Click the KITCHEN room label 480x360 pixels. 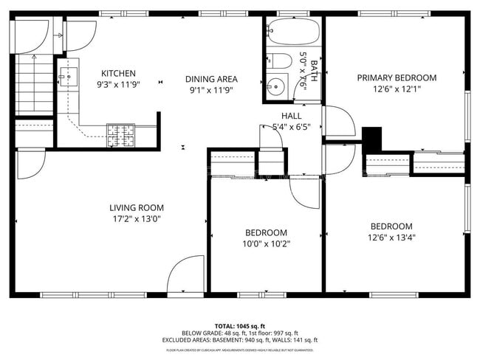[118, 73]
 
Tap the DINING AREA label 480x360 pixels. [211, 78]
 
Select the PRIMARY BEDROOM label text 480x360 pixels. [397, 77]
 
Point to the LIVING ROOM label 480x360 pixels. [137, 208]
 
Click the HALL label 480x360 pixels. [291, 116]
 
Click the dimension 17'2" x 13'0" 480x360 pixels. [137, 218]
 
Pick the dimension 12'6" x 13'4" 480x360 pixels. [391, 237]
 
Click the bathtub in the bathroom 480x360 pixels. [293, 32]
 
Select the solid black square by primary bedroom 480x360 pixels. [374, 138]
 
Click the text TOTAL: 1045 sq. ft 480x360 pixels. [239, 325]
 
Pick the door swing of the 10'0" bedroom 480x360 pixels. [305, 193]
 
